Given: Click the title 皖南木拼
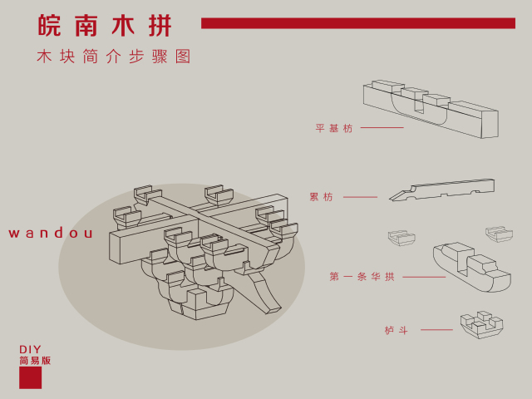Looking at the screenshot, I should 106,25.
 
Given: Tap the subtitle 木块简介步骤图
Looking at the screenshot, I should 114,57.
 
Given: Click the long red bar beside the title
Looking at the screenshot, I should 357,23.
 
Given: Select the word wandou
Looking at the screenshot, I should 51,234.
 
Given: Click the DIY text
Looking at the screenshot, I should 30,350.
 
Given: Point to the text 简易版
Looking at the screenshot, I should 35,361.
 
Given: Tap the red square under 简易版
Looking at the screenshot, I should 31,378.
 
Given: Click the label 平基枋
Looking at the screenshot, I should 334,128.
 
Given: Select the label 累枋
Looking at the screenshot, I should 321,197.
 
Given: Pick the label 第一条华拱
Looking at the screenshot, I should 362,277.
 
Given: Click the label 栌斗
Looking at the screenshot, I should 397,330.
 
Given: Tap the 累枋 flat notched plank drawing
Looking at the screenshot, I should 442,190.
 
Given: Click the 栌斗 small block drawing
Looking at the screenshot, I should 481,324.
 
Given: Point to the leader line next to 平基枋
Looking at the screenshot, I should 382,128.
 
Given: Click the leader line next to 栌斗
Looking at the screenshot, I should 436,330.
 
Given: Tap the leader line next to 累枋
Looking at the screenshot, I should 360,197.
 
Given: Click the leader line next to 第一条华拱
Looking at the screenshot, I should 424,277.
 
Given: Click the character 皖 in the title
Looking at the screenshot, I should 50,25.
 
